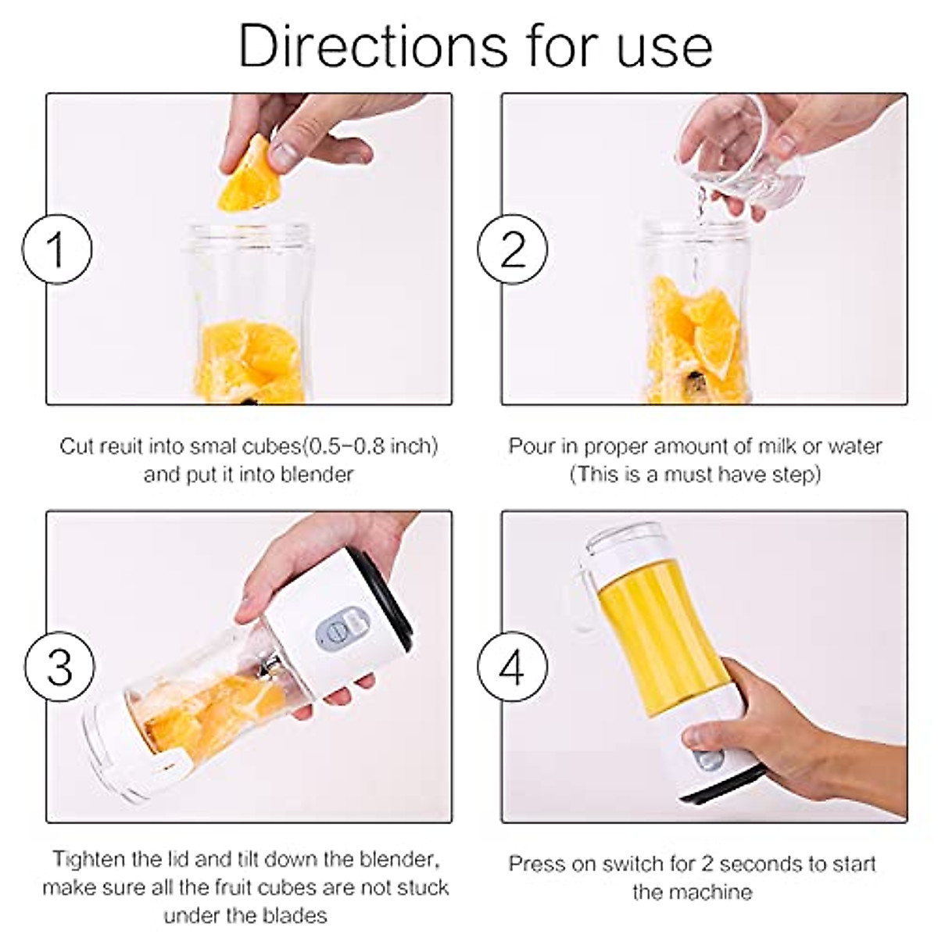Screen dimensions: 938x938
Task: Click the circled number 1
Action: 57,249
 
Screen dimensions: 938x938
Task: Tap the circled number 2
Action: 512,249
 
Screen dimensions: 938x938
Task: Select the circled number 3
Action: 60,666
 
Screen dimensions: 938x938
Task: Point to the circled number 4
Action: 512,666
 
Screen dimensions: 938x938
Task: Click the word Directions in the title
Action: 373,46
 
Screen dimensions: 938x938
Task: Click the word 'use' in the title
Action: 664,51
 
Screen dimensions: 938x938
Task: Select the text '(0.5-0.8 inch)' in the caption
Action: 371,446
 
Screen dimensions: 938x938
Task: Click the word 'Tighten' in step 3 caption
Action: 89,859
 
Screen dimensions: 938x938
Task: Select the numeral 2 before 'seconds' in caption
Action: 707,864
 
